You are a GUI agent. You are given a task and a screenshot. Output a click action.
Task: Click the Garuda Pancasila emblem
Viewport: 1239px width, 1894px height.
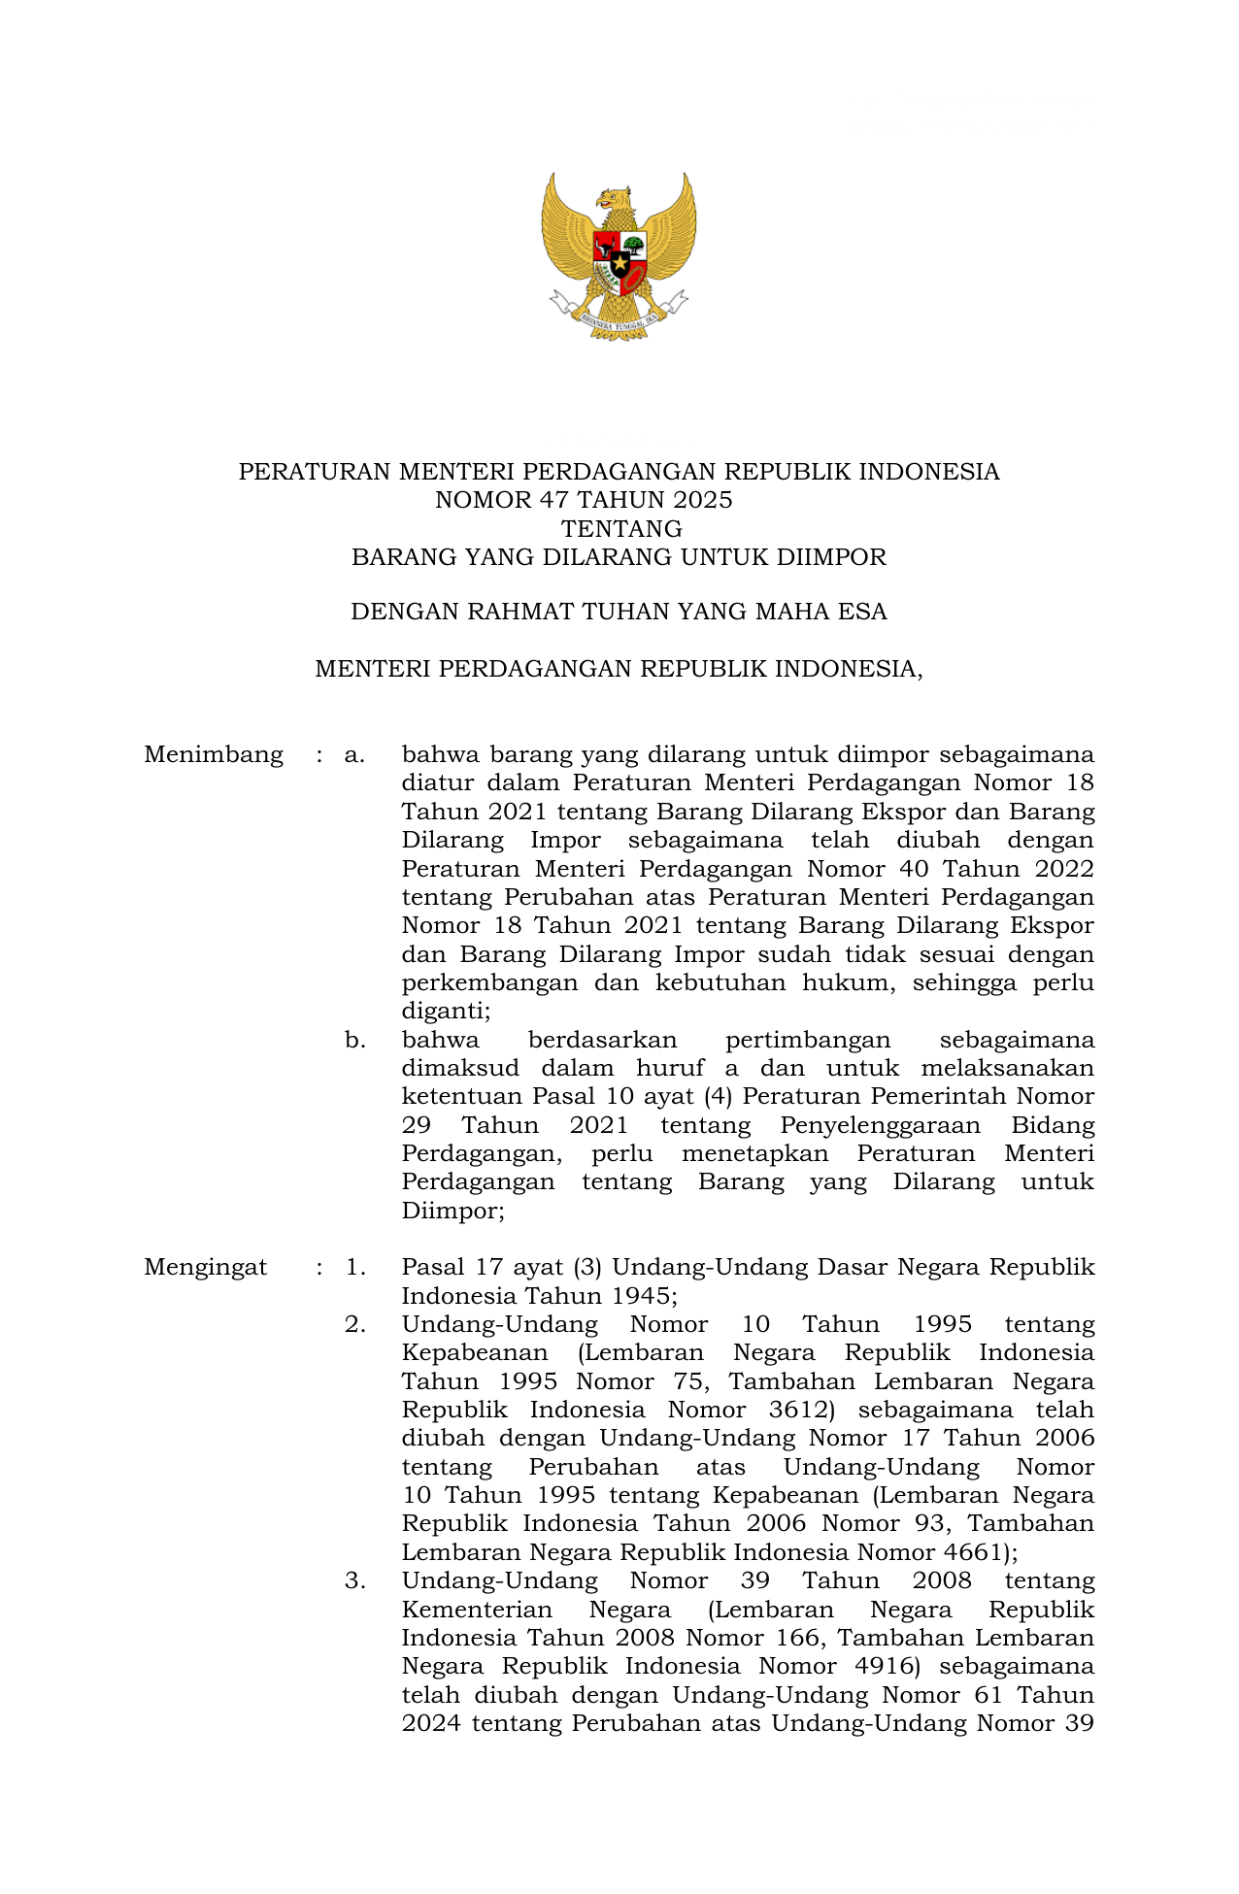(619, 255)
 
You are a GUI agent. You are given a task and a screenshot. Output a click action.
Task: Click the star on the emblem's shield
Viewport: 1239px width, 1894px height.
(619, 262)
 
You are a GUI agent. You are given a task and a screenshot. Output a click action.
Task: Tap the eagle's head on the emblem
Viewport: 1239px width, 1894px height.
(614, 198)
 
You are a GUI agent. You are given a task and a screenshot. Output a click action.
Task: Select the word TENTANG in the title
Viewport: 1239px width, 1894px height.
(621, 529)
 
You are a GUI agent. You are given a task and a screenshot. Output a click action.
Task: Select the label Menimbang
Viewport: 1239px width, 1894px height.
(214, 755)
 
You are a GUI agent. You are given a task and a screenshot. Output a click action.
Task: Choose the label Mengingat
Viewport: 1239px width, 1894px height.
(205, 1268)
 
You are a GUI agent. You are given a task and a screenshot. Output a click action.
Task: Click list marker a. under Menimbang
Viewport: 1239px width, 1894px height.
(354, 755)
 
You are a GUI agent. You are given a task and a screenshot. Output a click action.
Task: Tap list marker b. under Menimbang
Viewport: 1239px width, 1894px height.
(354, 1041)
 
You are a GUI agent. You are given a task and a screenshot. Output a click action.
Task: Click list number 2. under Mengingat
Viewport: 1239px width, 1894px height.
(354, 1325)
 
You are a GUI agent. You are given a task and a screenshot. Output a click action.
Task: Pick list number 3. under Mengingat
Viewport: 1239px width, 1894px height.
(354, 1581)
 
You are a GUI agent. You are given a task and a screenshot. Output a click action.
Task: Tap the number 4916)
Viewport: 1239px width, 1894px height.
(876, 1667)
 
